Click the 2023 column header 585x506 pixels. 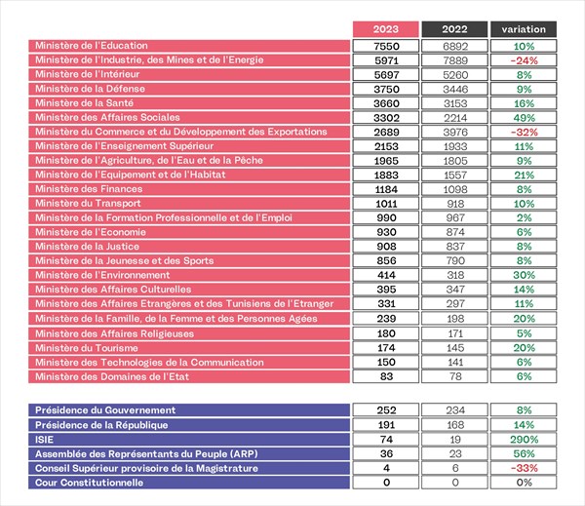pyautogui.click(x=386, y=29)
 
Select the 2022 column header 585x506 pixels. pyautogui.click(x=454, y=29)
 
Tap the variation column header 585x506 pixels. pyautogui.click(x=524, y=29)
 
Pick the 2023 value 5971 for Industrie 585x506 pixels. pyautogui.click(x=386, y=60)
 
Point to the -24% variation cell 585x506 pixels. pyautogui.click(x=524, y=60)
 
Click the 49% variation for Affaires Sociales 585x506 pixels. pyautogui.click(x=524, y=118)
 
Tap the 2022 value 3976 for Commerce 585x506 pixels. pyautogui.click(x=454, y=132)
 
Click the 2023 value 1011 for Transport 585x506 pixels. pyautogui.click(x=386, y=204)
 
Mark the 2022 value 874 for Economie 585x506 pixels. pyautogui.click(x=454, y=232)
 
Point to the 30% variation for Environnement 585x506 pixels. pyautogui.click(x=524, y=275)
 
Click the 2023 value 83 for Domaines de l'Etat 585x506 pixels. pyautogui.click(x=386, y=376)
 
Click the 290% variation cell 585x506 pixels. pyautogui.click(x=524, y=439)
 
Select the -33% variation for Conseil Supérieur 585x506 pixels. pyautogui.click(x=524, y=468)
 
